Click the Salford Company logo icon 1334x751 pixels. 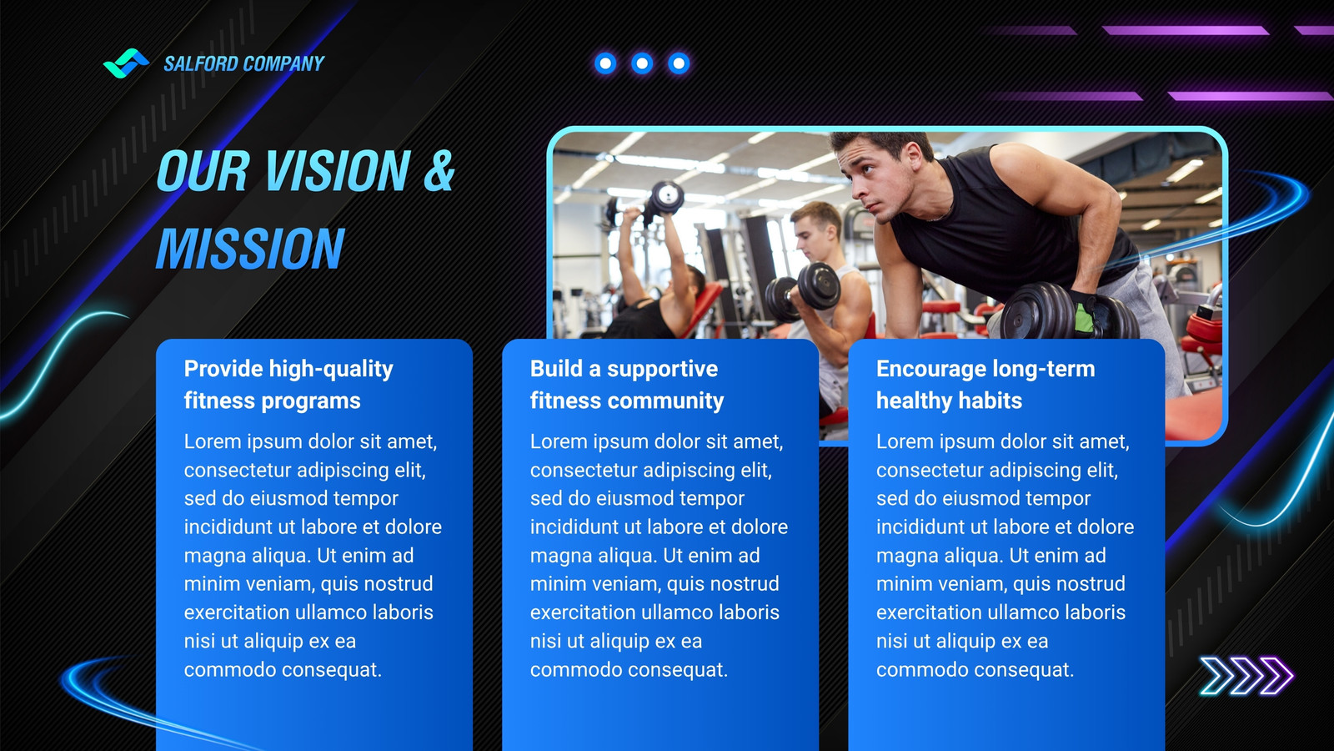[126, 63]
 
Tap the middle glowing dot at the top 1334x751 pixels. [642, 63]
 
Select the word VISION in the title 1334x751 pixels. [338, 171]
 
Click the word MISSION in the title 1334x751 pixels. [250, 249]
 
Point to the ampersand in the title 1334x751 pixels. [439, 171]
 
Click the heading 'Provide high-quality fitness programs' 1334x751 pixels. [288, 385]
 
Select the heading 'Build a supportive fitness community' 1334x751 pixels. [626, 385]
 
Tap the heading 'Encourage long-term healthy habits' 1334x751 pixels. [985, 385]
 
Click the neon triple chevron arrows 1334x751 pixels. [1246, 676]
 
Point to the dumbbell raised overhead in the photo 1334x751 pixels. [667, 197]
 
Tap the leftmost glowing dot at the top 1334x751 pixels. [605, 63]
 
